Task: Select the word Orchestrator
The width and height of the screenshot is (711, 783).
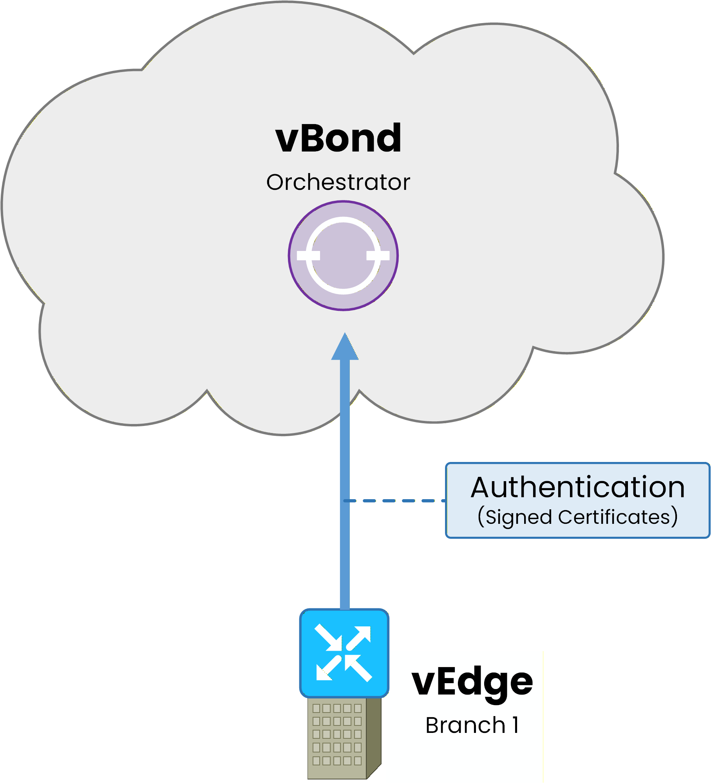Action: tap(338, 182)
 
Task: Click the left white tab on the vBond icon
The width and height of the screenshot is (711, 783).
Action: tap(308, 256)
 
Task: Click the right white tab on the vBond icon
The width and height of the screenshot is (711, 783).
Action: tap(378, 256)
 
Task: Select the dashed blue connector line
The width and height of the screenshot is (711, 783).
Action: tap(396, 501)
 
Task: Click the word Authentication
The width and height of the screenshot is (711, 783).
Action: tap(578, 487)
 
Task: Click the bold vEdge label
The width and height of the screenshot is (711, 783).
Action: tap(472, 683)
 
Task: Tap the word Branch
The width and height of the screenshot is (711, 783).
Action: tap(465, 725)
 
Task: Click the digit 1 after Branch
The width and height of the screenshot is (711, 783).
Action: tap(516, 725)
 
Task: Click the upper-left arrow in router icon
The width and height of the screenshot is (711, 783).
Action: tap(328, 637)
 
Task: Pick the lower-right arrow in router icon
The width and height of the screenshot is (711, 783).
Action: tap(359, 669)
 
